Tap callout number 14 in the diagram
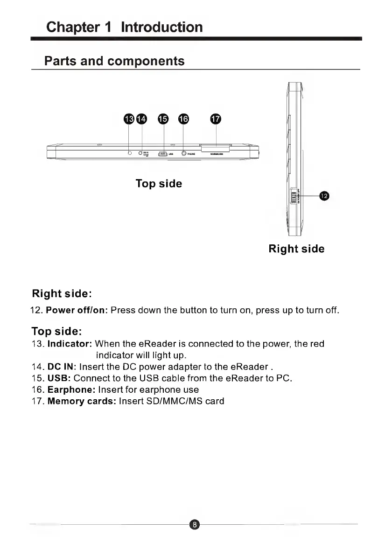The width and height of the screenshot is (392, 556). click(x=141, y=119)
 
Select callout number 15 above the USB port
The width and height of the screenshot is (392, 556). click(x=163, y=119)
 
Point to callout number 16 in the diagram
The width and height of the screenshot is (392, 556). click(x=184, y=119)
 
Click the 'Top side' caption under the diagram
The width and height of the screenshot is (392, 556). click(x=159, y=184)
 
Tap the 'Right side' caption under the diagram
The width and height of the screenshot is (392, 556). click(x=296, y=249)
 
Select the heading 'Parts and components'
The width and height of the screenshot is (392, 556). click(x=114, y=61)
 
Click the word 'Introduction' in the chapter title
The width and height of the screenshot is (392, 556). click(x=161, y=27)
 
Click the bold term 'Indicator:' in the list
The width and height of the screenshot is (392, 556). click(x=70, y=344)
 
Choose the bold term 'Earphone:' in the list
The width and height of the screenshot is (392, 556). click(x=72, y=389)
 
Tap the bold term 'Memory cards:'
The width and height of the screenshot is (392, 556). click(x=82, y=401)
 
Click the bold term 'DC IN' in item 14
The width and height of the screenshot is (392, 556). click(x=58, y=367)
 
